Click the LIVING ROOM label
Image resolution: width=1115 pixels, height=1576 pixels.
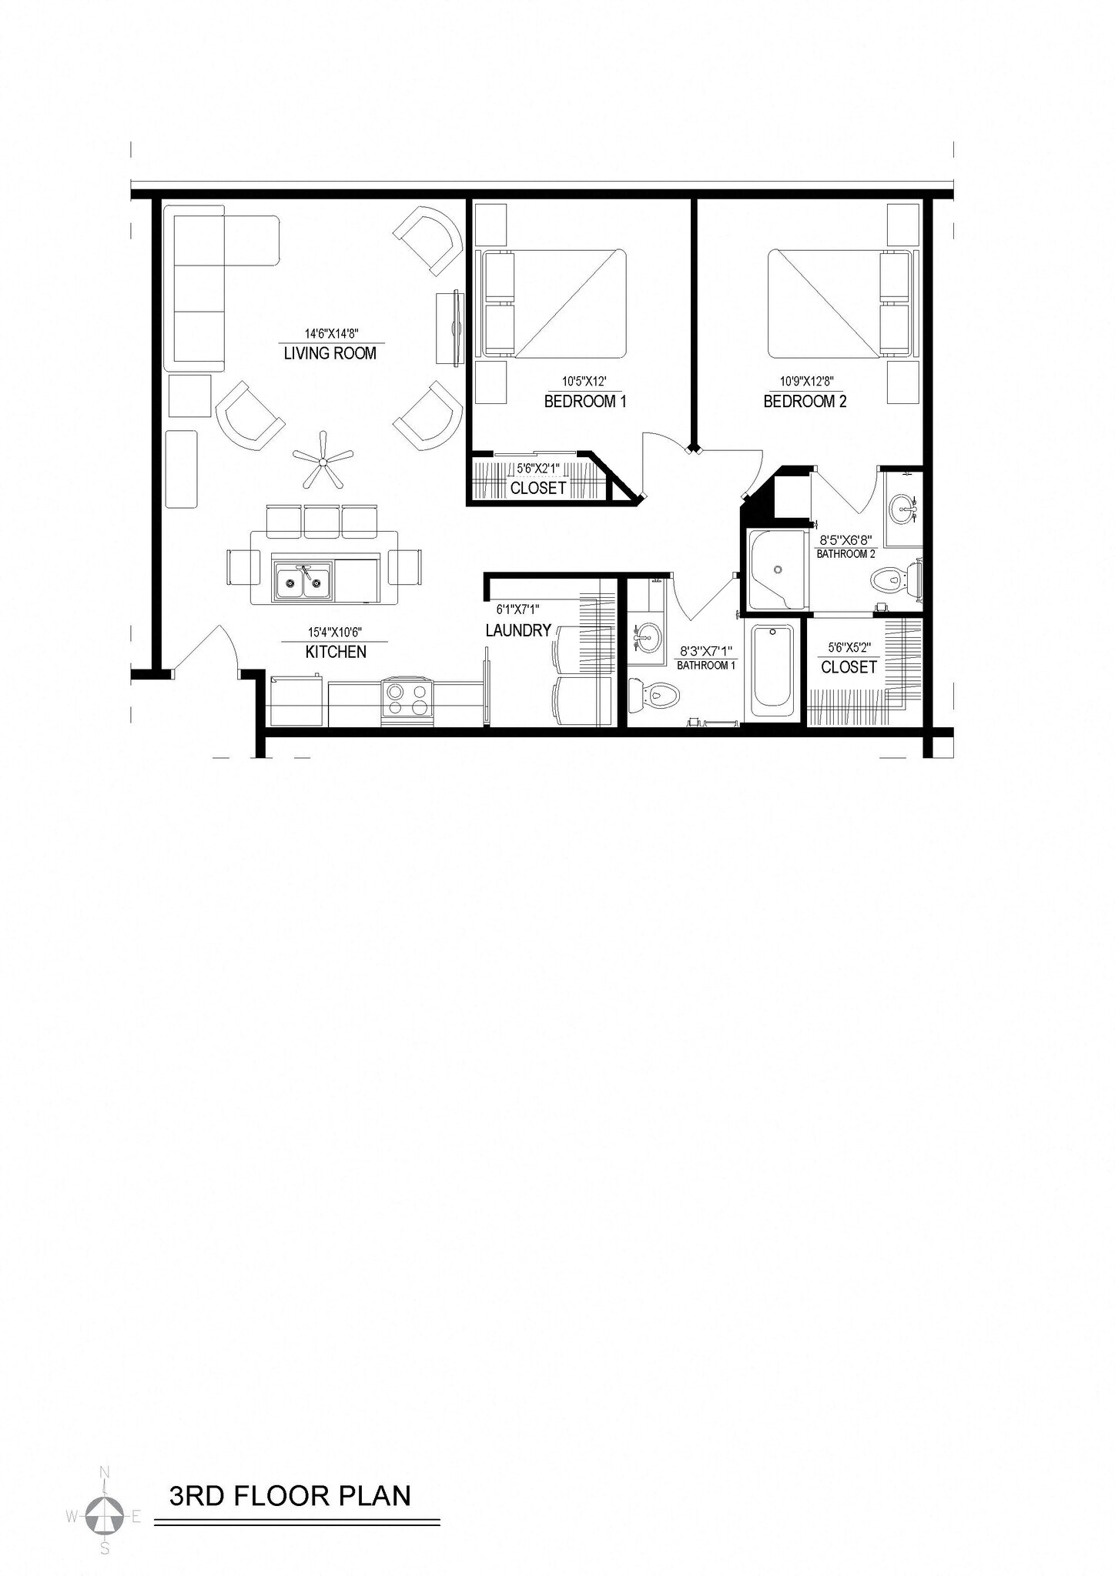[330, 354]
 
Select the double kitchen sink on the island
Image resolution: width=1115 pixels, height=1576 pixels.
[303, 580]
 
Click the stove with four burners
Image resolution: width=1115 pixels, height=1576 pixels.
[407, 700]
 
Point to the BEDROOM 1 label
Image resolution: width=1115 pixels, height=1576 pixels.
[585, 401]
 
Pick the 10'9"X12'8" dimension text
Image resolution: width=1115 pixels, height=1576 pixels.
[806, 381]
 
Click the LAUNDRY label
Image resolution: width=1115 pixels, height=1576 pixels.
[518, 631]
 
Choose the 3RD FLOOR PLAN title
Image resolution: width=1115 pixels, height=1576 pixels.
[290, 1496]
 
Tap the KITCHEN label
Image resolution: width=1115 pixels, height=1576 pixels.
[336, 652]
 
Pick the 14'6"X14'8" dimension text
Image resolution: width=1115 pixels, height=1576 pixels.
[332, 334]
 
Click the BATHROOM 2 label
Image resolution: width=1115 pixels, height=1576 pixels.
[845, 554]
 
